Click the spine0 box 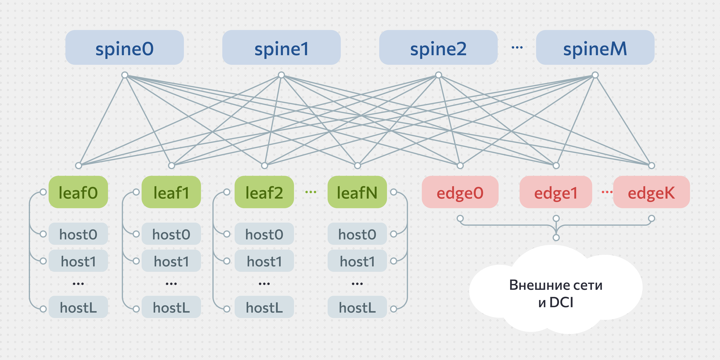[x=124, y=48]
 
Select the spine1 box [x=281, y=48]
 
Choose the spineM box [x=595, y=48]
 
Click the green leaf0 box [x=78, y=192]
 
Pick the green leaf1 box [x=171, y=192]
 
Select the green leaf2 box [x=264, y=192]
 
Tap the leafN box [x=357, y=192]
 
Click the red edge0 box [x=460, y=192]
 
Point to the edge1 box [x=556, y=192]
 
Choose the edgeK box [x=651, y=192]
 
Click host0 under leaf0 [x=78, y=234]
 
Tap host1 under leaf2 [x=264, y=261]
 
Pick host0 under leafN [x=357, y=234]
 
